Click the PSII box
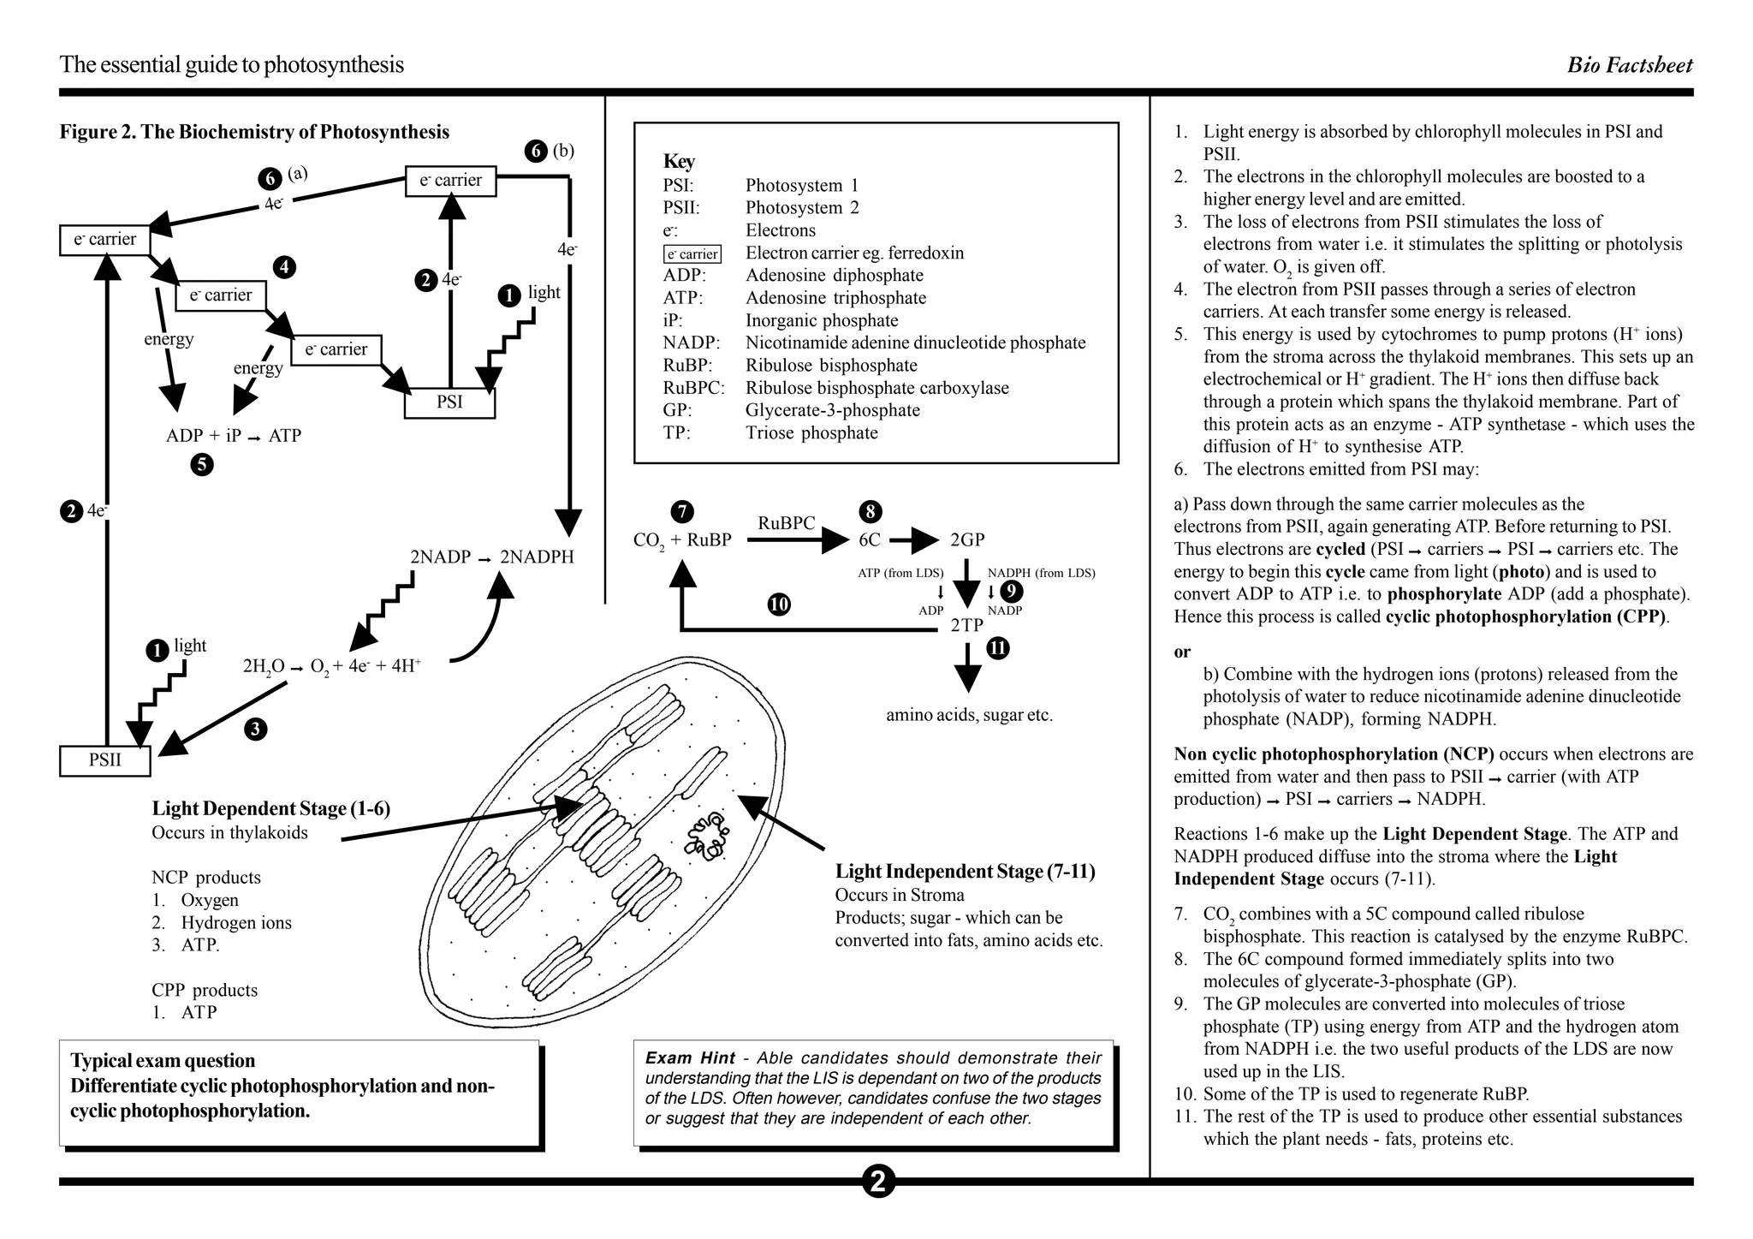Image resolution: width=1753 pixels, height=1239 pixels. (x=104, y=760)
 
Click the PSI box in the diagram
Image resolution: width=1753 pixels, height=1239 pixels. (x=449, y=402)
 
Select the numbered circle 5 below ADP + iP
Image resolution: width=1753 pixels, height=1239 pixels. (x=202, y=465)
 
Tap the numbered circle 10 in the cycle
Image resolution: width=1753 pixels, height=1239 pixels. (x=779, y=605)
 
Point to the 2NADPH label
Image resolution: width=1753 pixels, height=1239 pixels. (x=537, y=557)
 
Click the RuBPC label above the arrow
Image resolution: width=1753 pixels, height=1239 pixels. (x=786, y=523)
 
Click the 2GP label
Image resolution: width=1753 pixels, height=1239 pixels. (x=967, y=540)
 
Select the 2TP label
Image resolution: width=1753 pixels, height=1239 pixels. (x=966, y=625)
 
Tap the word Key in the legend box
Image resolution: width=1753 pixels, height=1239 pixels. (x=679, y=162)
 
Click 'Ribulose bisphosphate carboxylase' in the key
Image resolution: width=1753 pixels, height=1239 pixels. (x=876, y=388)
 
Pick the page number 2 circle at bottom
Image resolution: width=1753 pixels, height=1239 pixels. (x=877, y=1182)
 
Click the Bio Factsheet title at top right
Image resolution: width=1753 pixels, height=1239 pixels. (x=1629, y=65)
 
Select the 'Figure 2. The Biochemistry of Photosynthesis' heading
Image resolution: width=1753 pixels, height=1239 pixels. (x=254, y=132)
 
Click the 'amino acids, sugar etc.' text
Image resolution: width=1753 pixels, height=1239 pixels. (x=969, y=715)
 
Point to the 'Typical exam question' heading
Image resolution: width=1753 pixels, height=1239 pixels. (x=163, y=1061)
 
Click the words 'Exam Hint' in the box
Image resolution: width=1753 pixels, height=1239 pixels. (x=689, y=1058)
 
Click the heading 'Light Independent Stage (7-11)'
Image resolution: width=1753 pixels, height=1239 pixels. (x=965, y=872)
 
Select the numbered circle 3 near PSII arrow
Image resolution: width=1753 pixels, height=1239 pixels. (x=255, y=730)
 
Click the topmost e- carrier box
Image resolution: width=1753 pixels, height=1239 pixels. (x=450, y=181)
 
